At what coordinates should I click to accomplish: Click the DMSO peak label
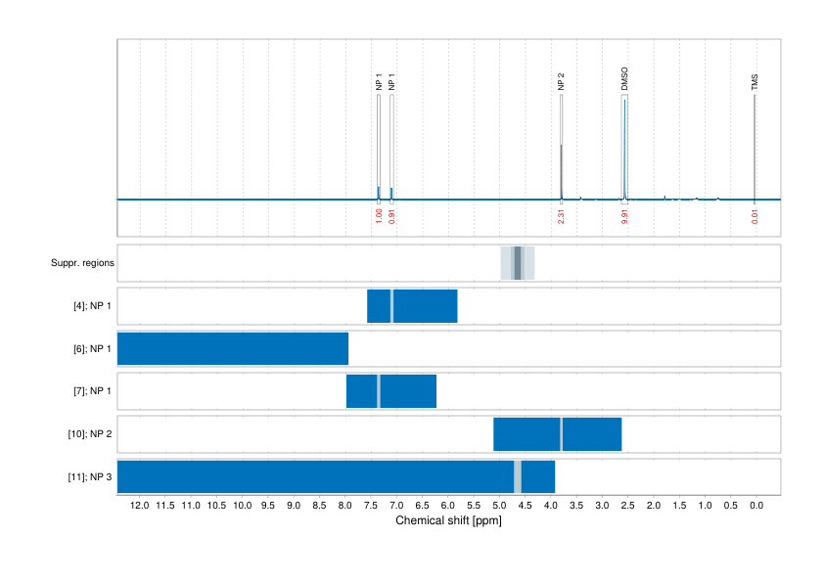click(x=624, y=79)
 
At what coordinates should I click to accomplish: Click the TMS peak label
click(x=755, y=82)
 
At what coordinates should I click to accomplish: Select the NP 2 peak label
click(x=561, y=81)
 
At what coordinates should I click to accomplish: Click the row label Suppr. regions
click(x=82, y=263)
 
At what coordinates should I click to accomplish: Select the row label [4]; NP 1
click(x=93, y=306)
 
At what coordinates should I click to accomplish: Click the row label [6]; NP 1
click(x=93, y=349)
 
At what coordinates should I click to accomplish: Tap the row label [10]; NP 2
click(x=91, y=433)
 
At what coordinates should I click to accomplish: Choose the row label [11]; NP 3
click(x=91, y=476)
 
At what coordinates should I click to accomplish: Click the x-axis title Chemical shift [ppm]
click(x=448, y=521)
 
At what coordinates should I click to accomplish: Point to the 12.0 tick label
click(x=139, y=506)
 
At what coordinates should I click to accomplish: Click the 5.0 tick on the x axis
click(x=499, y=506)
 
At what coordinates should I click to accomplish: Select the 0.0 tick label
click(x=755, y=506)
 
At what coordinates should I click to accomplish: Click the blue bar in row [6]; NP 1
click(x=233, y=348)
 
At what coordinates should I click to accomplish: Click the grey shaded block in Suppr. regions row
click(x=518, y=263)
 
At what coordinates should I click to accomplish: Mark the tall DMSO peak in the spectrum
click(x=623, y=147)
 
